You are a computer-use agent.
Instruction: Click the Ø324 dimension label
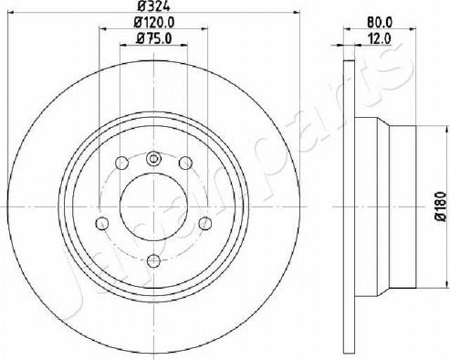(x=153, y=5)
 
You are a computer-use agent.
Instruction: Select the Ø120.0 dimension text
(x=154, y=22)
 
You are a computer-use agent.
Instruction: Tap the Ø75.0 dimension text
(x=154, y=38)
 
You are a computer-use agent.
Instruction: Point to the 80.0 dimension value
(x=380, y=22)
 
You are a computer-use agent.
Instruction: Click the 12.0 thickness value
(x=380, y=38)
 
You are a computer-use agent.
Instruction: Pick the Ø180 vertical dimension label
(x=441, y=206)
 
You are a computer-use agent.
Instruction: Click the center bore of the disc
(x=153, y=206)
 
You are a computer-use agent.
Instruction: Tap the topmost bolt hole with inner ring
(x=153, y=158)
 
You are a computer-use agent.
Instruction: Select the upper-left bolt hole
(x=121, y=163)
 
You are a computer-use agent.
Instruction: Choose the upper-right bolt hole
(x=185, y=163)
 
